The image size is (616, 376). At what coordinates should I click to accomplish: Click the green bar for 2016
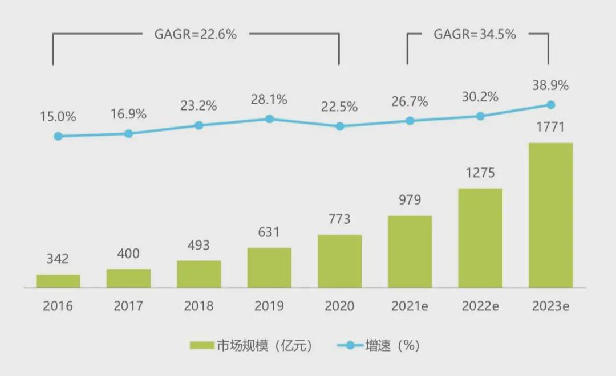(x=58, y=281)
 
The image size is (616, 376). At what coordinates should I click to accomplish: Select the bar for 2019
(x=269, y=268)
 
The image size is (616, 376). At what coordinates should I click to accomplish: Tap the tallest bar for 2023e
(x=550, y=215)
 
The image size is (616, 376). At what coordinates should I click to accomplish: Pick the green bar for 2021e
(x=410, y=252)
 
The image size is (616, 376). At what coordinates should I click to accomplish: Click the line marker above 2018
(x=199, y=125)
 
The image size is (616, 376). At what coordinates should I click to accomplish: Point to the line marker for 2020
(x=340, y=126)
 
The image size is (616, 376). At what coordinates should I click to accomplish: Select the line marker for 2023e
(x=551, y=104)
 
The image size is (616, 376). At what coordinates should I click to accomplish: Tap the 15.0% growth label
(x=58, y=117)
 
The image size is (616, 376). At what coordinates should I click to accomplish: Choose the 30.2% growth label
(x=480, y=97)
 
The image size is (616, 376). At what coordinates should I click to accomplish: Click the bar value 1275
(x=480, y=173)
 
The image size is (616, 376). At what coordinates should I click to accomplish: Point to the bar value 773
(x=340, y=219)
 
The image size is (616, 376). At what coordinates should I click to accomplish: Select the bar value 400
(x=128, y=254)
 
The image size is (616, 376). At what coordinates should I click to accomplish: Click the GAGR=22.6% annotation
(x=196, y=34)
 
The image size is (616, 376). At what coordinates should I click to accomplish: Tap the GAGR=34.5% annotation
(x=475, y=34)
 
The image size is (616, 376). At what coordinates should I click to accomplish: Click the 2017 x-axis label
(x=128, y=306)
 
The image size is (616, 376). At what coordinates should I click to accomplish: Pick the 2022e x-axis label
(x=480, y=306)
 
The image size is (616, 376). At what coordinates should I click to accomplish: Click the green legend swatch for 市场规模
(x=201, y=346)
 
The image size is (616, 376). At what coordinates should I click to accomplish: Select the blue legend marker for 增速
(x=350, y=346)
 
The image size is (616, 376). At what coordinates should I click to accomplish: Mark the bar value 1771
(x=550, y=127)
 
